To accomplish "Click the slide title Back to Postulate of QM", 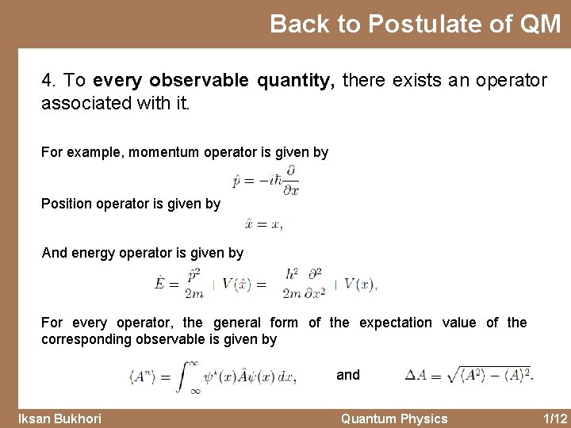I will point(415,25).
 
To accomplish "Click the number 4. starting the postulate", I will point(49,80).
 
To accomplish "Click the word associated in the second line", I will point(81,103).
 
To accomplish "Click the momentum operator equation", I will point(265,181).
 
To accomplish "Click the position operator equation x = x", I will point(263,224).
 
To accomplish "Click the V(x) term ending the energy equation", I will point(360,285).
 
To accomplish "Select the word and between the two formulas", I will point(348,375).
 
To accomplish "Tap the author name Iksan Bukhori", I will point(60,418).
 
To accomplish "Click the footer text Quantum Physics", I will point(393,418).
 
